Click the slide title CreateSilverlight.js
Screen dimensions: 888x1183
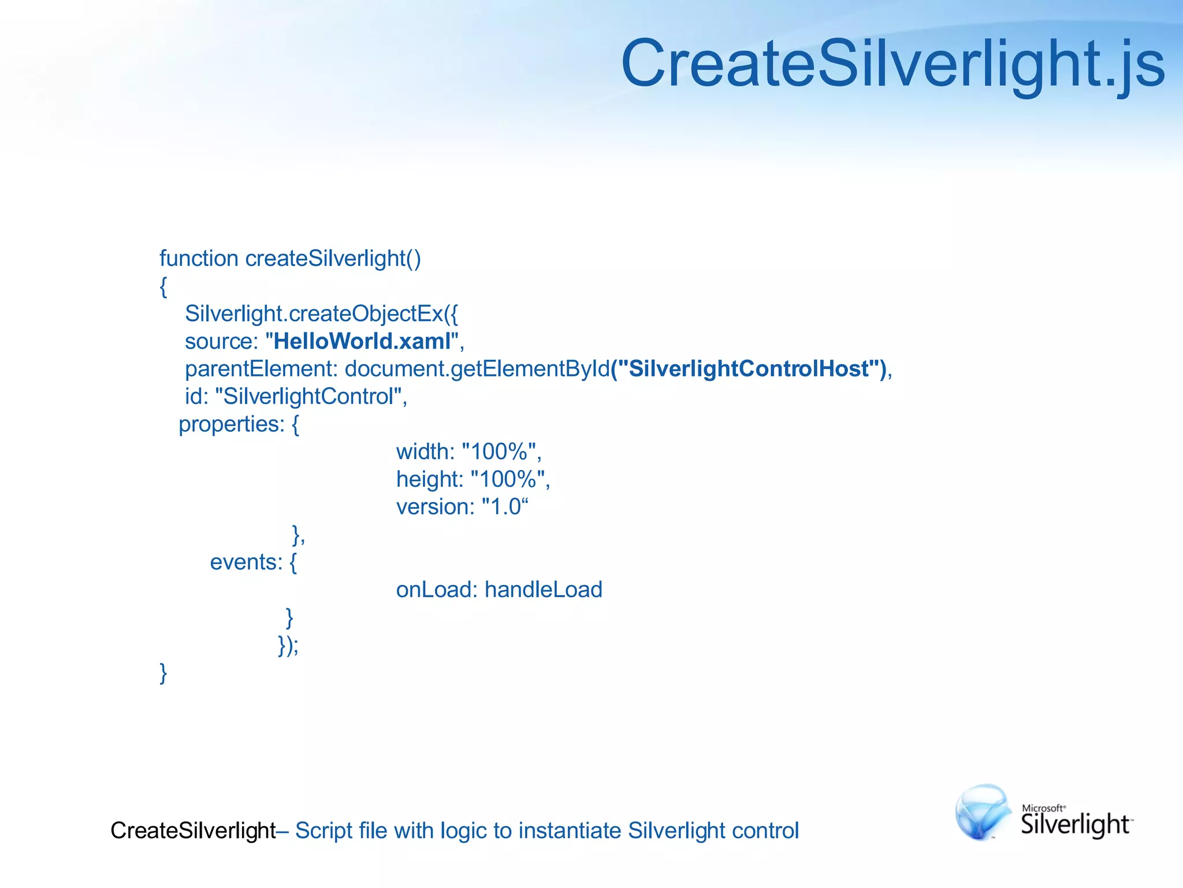pyautogui.click(x=892, y=64)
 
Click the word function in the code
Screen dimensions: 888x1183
pyautogui.click(x=199, y=258)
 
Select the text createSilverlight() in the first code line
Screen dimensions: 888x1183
pyautogui.click(x=333, y=258)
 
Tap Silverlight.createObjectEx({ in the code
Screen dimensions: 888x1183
pyautogui.click(x=321, y=313)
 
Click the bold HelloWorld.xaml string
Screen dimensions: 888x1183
pyautogui.click(x=362, y=341)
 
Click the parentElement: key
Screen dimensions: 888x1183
pyautogui.click(x=261, y=369)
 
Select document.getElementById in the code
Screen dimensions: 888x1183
pyautogui.click(x=477, y=369)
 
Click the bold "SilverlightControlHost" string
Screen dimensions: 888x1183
pyautogui.click(x=749, y=369)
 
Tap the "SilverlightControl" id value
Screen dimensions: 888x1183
pyautogui.click(x=309, y=397)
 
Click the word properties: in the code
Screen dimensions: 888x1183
pyautogui.click(x=232, y=424)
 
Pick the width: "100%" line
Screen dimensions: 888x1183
pyautogui.click(x=468, y=452)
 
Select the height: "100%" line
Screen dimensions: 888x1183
pyautogui.click(x=473, y=479)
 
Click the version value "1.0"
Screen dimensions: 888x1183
pyautogui.click(x=505, y=507)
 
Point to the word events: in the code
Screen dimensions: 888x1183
pyautogui.click(x=246, y=562)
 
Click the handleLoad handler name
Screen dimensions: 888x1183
pyautogui.click(x=544, y=590)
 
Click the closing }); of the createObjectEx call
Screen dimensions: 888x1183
pyautogui.click(x=288, y=645)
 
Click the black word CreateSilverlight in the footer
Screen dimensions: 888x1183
pyautogui.click(x=193, y=830)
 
